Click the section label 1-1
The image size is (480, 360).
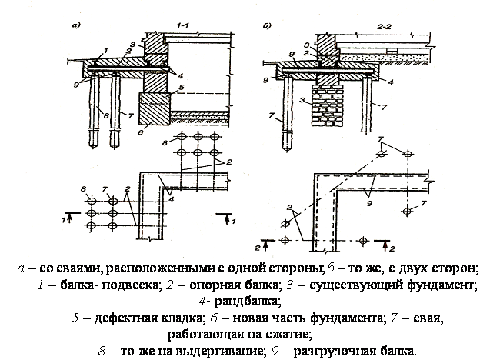click(x=182, y=25)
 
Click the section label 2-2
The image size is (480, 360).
click(x=384, y=27)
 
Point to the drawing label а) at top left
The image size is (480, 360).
click(x=76, y=25)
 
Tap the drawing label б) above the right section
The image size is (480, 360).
click(x=267, y=25)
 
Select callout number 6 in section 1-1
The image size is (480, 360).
click(x=141, y=132)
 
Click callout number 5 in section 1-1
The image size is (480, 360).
click(x=182, y=87)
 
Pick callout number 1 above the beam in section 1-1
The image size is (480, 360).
click(x=105, y=50)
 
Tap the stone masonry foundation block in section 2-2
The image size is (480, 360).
click(x=327, y=105)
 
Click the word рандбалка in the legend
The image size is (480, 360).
click(x=247, y=302)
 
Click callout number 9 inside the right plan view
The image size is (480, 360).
click(x=369, y=203)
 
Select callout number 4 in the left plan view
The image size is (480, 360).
click(x=171, y=199)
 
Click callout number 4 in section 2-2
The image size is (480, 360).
click(x=391, y=82)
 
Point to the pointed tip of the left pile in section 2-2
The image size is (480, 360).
click(x=287, y=151)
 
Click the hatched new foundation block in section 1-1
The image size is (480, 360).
click(x=155, y=108)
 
